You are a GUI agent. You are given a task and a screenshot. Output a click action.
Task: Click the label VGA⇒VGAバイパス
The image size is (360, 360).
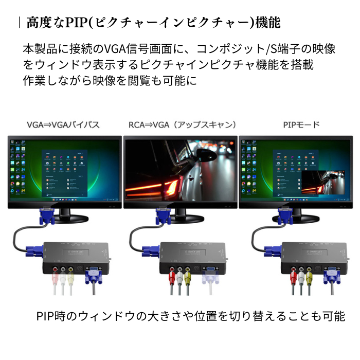[63, 125]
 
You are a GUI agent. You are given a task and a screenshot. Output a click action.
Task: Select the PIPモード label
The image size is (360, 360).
[301, 125]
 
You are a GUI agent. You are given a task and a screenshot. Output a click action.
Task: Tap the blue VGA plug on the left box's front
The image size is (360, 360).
[94, 275]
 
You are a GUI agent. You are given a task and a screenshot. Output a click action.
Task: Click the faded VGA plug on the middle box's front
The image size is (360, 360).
[211, 275]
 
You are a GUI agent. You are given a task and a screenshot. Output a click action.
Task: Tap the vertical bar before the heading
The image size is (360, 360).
[19, 23]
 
